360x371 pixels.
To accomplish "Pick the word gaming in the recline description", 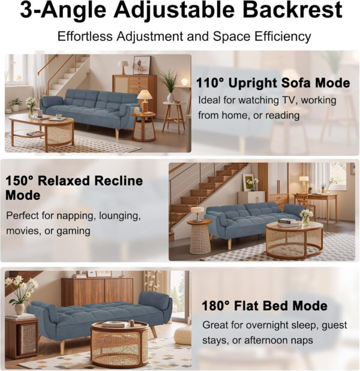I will pos(73,231).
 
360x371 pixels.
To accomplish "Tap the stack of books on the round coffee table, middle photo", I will pos(287,222).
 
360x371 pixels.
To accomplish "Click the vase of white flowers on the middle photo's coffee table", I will pos(307,217).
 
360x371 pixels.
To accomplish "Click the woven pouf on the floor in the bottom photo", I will pos(182,336).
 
